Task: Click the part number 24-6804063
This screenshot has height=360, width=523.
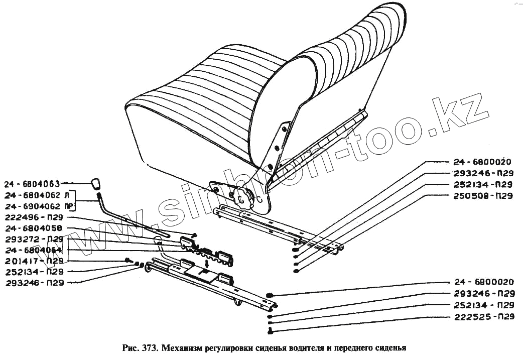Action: [x=32, y=183]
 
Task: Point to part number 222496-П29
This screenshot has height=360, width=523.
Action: [x=33, y=218]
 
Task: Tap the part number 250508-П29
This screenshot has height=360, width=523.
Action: [x=482, y=196]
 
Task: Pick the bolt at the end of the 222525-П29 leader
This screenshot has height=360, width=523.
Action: [x=271, y=330]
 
